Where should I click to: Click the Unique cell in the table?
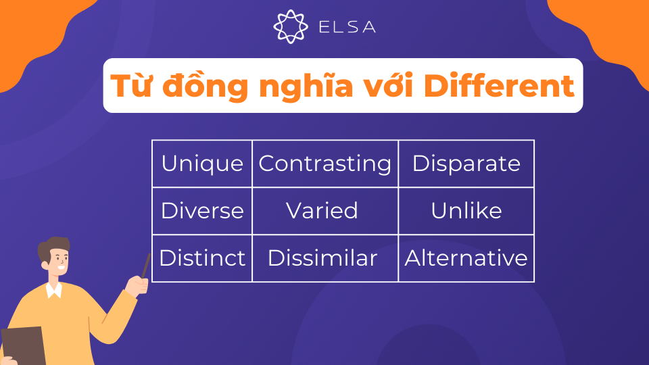[x=202, y=164]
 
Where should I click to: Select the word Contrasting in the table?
[x=325, y=164]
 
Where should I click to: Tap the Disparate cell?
[x=466, y=164]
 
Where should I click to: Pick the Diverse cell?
[x=202, y=211]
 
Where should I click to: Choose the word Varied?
[x=322, y=211]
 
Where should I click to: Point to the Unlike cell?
[x=466, y=211]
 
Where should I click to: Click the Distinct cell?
[x=202, y=258]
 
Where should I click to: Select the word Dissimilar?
[x=322, y=258]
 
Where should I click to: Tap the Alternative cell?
[x=466, y=258]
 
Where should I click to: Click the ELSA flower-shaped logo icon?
[x=290, y=26]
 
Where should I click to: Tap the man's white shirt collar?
[x=53, y=290]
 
